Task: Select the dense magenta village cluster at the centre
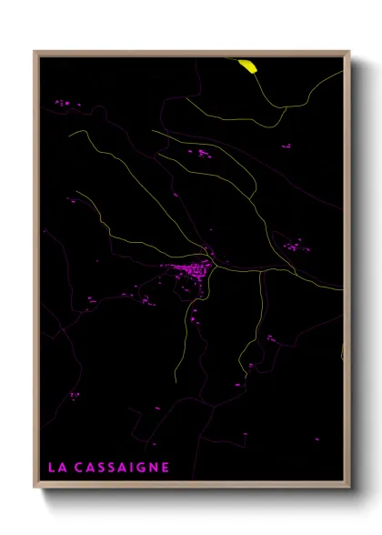point(192,269)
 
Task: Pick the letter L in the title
point(51,468)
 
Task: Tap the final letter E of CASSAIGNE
point(166,468)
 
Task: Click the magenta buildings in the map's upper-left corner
point(62,103)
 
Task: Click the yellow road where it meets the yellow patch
point(254,71)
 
